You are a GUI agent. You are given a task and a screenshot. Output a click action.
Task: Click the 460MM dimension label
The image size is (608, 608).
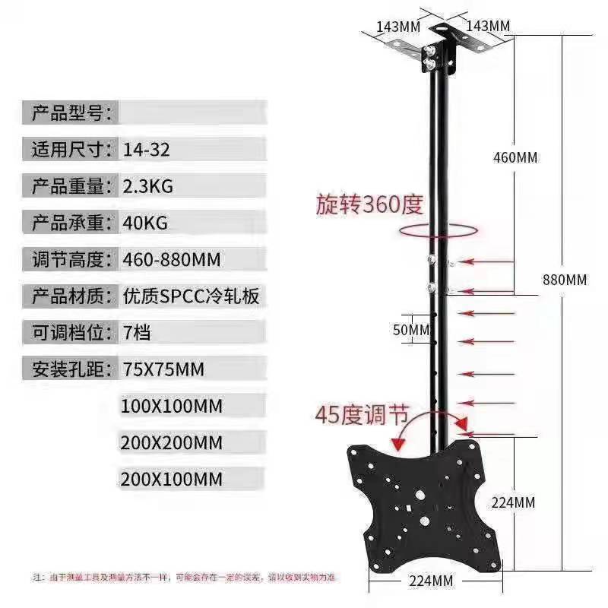pos(515,157)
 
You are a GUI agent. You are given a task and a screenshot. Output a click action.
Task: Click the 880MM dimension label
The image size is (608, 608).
pos(565,279)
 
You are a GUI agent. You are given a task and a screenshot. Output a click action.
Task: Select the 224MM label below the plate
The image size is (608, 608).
pos(431,581)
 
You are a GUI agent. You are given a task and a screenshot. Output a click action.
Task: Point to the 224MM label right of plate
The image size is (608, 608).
pos(514,502)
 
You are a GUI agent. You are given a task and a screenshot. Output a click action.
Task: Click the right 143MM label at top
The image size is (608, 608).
pos(488,25)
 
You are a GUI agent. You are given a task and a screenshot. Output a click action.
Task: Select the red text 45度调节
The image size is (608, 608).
pos(363,415)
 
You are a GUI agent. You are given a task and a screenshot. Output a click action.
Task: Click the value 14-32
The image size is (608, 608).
pos(146,150)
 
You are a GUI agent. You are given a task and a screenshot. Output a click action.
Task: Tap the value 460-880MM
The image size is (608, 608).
pos(171,260)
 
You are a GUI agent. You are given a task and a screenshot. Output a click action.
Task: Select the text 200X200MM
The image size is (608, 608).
pos(171,442)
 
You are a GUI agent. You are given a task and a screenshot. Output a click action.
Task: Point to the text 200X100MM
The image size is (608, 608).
pos(171,480)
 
